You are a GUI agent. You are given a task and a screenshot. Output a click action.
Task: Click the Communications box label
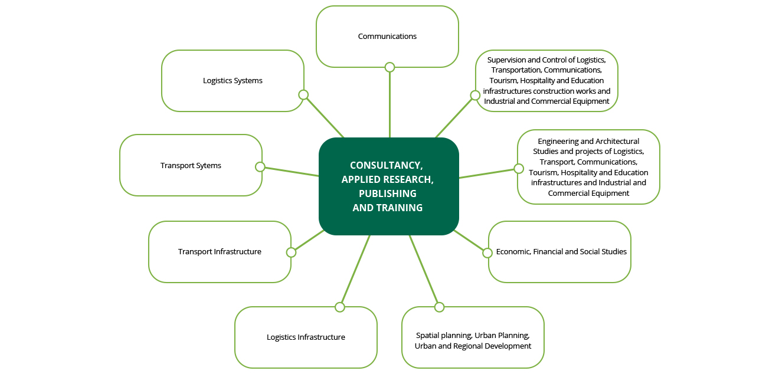[387, 37]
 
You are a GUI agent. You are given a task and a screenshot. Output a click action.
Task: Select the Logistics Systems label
[233, 81]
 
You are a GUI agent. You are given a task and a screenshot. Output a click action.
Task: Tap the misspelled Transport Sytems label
[191, 166]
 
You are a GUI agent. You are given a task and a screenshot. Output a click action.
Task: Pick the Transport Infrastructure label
[220, 252]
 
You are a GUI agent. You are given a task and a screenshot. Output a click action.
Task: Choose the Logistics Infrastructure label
[306, 337]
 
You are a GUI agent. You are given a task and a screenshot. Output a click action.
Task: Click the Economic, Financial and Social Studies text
[561, 252]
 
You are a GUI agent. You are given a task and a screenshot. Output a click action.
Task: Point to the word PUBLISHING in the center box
[387, 193]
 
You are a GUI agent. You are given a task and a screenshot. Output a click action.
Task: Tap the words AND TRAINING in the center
[387, 208]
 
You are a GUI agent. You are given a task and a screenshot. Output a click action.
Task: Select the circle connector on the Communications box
[390, 67]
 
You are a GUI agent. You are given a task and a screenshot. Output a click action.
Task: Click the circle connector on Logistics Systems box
[303, 95]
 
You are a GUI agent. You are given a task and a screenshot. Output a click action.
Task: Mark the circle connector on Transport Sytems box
[260, 166]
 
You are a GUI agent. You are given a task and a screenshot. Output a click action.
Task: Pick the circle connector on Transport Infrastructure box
[291, 252]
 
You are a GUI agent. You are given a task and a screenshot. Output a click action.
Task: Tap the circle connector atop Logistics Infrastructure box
[339, 307]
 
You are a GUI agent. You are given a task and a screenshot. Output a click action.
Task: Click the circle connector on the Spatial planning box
[439, 307]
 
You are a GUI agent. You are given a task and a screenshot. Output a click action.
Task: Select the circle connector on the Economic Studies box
[487, 252]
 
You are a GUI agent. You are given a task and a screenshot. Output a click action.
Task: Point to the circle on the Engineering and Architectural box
[519, 169]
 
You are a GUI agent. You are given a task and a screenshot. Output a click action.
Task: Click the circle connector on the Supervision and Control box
[475, 95]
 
